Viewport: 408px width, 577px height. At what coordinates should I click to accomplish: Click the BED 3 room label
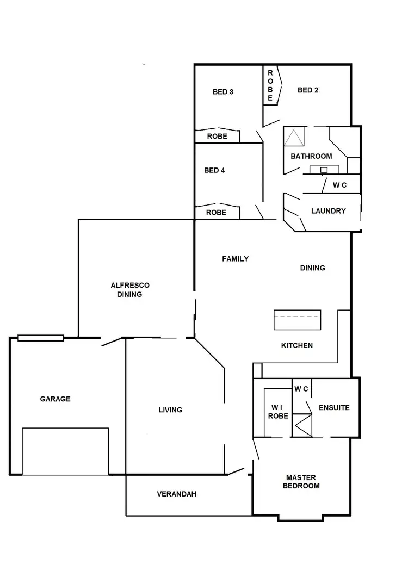223,92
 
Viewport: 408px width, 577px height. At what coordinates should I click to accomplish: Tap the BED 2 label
308,90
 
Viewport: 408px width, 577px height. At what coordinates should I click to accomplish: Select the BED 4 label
214,170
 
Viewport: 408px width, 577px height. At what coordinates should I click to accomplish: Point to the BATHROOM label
311,156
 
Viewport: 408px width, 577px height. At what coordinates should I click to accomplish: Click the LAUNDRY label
328,211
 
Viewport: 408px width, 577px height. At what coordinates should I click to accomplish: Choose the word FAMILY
235,259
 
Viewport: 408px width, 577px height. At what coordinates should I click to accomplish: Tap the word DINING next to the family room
312,268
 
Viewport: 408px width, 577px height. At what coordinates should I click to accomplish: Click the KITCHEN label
296,345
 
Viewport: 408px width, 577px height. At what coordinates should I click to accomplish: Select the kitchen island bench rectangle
297,319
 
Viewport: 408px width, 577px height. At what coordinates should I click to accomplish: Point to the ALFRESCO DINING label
130,290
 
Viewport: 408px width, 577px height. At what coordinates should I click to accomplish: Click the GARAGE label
55,399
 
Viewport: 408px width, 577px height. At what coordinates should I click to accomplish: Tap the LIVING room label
170,410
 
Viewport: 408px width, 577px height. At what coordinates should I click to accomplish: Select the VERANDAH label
176,494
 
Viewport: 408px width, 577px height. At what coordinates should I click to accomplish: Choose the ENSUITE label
334,407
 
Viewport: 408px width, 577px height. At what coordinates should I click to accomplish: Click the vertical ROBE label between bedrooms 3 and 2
270,85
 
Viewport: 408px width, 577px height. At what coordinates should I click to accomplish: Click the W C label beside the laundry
339,185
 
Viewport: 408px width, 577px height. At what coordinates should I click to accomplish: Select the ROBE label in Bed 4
216,213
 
